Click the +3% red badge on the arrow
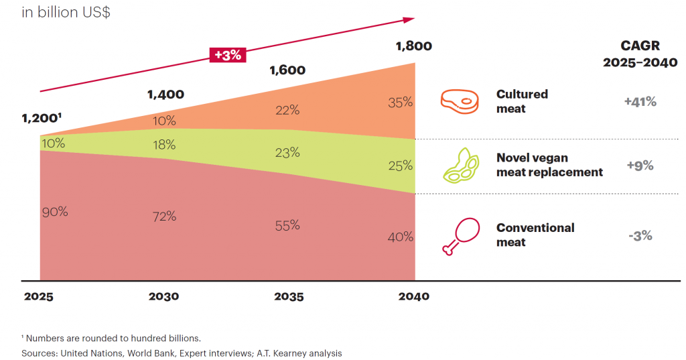pos(227,56)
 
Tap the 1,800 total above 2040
pos(413,46)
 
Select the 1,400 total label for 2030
pos(165,95)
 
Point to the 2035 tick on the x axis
pos(289,296)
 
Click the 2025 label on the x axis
pos(40,296)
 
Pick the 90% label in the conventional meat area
pos(55,212)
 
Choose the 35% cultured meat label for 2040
pos(400,103)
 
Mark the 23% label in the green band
pos(287,152)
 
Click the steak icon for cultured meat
pos(460,101)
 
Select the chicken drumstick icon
pos(460,236)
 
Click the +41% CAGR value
pos(640,102)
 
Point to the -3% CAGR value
pos(640,236)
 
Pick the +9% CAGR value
pos(640,166)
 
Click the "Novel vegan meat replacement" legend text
pos(549,165)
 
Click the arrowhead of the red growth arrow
pos(409,19)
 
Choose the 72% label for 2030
pos(163,216)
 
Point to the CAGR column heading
pos(640,54)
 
